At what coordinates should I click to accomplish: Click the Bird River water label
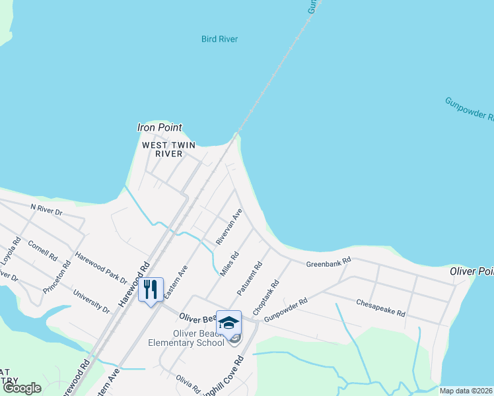pos(219,39)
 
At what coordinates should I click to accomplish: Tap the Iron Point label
pos(159,127)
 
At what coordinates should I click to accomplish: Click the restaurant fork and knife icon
pos(151,289)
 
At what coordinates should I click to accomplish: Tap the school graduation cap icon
pos(229,323)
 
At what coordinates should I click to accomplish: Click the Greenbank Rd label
pos(328,264)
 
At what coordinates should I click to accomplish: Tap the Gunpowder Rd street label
pos(286,311)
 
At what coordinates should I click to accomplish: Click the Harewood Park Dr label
pos(100,265)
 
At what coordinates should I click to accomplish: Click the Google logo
pos(22,388)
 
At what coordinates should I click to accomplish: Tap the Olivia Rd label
pos(188,382)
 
